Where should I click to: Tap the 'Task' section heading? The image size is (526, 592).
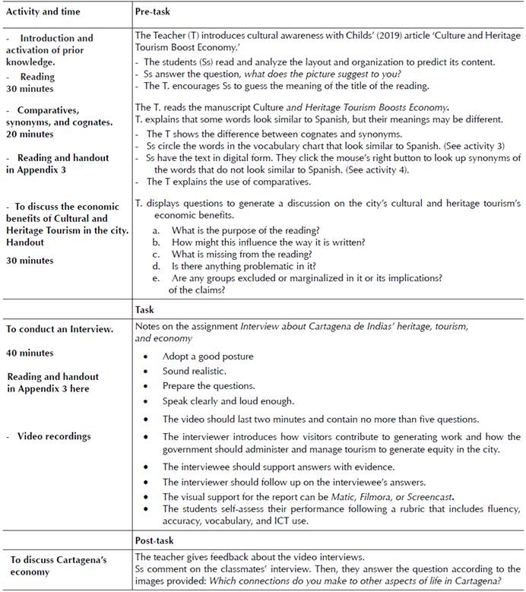pyautogui.click(x=144, y=310)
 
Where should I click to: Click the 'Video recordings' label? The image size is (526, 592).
pyautogui.click(x=58, y=436)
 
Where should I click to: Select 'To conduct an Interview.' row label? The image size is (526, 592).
pyautogui.click(x=61, y=329)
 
